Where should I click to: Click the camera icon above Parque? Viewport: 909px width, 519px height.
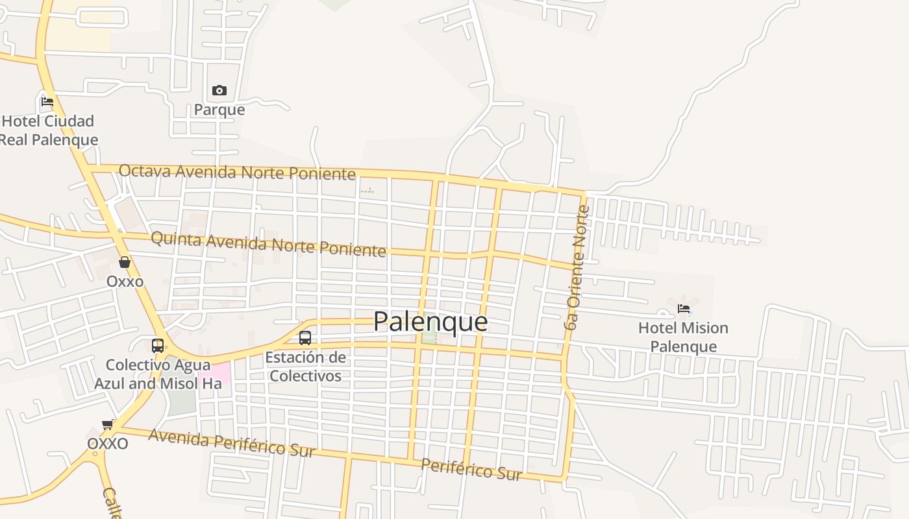(x=219, y=90)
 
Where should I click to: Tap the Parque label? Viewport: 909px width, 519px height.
(x=219, y=110)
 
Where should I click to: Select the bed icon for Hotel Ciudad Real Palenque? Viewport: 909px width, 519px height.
(x=47, y=102)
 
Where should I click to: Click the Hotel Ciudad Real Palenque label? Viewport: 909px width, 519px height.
(x=49, y=130)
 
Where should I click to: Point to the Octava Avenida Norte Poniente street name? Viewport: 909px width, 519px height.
(x=237, y=172)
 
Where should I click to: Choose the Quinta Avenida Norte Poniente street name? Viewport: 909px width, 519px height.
(x=268, y=245)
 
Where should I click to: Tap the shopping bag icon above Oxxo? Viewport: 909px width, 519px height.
(x=125, y=262)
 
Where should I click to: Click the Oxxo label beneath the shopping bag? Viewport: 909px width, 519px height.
(x=125, y=282)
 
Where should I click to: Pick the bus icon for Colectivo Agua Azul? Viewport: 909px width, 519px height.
(x=158, y=345)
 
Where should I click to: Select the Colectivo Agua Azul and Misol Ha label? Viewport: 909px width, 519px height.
(x=158, y=374)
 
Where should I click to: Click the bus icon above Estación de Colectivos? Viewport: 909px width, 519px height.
(x=305, y=338)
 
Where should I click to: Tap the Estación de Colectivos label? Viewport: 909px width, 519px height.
(x=305, y=367)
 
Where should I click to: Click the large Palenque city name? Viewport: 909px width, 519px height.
(x=430, y=322)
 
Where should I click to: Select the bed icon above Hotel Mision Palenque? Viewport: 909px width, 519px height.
(x=683, y=309)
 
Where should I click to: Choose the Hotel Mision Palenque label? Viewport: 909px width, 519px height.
(x=683, y=337)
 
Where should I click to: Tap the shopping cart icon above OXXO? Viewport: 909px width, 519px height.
(x=108, y=425)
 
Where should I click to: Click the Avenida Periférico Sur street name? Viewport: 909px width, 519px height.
(x=232, y=443)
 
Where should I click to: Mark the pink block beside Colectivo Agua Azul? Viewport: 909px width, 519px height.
(x=219, y=374)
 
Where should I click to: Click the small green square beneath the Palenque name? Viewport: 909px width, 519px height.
(x=429, y=337)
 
